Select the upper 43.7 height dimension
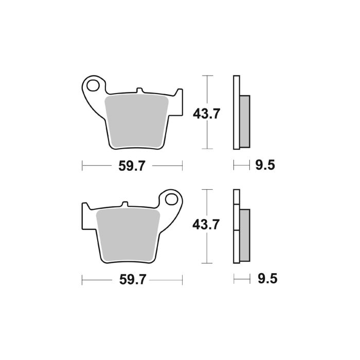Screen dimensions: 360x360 206,113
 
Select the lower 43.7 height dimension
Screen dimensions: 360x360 206,225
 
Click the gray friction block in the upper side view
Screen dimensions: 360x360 245,119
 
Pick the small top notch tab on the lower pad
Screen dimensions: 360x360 123,204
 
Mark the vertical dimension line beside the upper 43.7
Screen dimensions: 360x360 207,87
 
